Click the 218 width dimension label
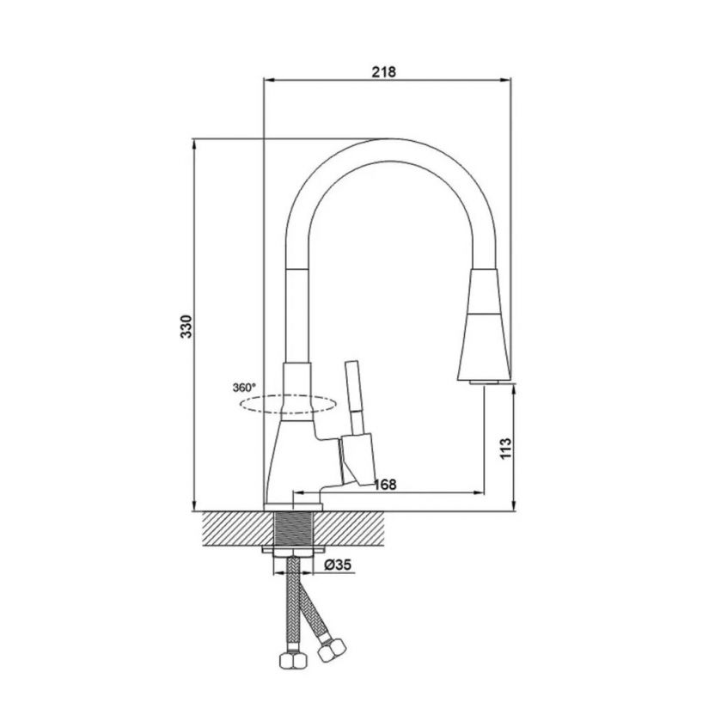384,71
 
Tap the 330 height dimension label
186,326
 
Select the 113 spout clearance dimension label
506,449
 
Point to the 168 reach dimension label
384,485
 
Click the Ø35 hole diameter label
338,565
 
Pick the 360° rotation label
244,388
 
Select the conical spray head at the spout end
484,325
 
